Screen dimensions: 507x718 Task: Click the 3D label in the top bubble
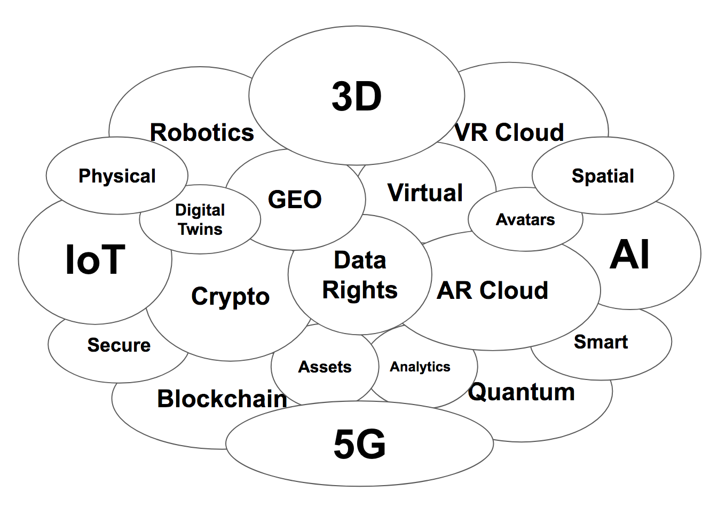pos(357,97)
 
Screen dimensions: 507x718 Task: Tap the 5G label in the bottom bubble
pos(360,444)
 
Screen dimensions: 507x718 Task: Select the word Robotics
pos(202,132)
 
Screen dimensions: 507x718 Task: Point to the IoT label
pos(95,260)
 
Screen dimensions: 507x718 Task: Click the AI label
pos(630,255)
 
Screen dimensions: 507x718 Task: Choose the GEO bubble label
pos(295,200)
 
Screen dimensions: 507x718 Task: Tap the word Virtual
pos(425,193)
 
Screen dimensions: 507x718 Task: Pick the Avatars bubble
pos(525,219)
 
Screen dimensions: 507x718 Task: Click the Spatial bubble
pos(603,176)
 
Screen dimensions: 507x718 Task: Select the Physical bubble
pos(117,176)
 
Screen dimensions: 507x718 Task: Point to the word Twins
pos(200,229)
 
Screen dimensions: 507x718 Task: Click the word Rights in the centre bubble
pos(360,290)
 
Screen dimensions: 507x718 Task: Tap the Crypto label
pos(230,297)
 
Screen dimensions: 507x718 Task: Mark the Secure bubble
pos(119,345)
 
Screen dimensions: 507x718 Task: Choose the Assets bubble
pos(325,367)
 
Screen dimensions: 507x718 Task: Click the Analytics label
pos(420,367)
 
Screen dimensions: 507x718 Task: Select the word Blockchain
pos(222,399)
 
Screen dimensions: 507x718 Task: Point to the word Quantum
pos(522,392)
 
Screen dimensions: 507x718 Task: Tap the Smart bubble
pos(601,342)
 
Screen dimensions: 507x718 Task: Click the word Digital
pos(200,210)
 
